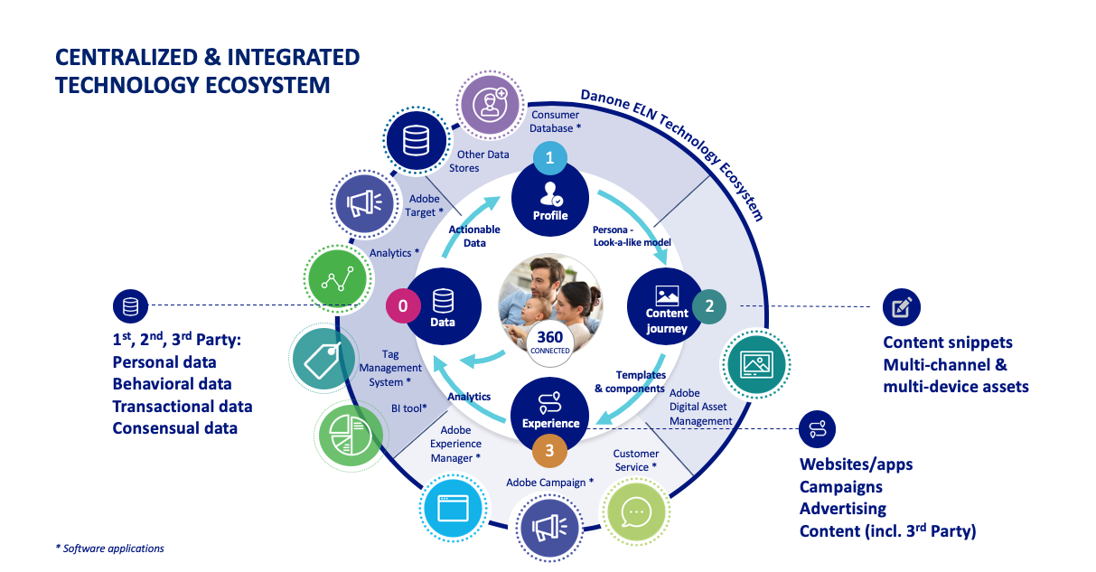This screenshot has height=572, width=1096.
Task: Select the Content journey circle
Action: (667, 307)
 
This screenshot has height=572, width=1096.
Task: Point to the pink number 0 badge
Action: (403, 306)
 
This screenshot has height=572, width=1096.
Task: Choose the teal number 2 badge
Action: (709, 305)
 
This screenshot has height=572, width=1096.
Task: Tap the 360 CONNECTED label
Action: (550, 342)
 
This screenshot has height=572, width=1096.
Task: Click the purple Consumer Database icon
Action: (492, 105)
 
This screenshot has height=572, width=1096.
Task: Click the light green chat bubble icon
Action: (637, 511)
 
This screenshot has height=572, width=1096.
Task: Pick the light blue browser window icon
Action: (454, 508)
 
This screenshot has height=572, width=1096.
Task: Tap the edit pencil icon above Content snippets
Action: (901, 307)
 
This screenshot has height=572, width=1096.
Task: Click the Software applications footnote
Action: (110, 549)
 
